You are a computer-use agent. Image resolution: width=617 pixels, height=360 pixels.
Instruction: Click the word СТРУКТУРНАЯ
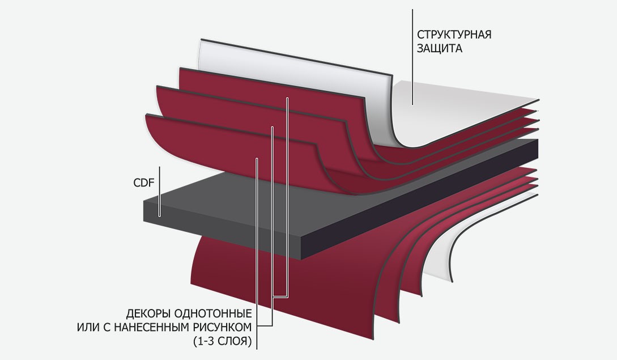pos(454,35)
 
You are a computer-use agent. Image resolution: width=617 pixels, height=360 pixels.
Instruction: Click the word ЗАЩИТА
pos(440,49)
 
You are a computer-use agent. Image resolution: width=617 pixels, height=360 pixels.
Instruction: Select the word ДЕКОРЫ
pos(150,314)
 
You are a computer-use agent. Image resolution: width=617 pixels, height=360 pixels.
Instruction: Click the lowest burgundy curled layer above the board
pos(227,147)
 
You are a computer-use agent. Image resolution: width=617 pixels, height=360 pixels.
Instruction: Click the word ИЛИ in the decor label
pos(86,328)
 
